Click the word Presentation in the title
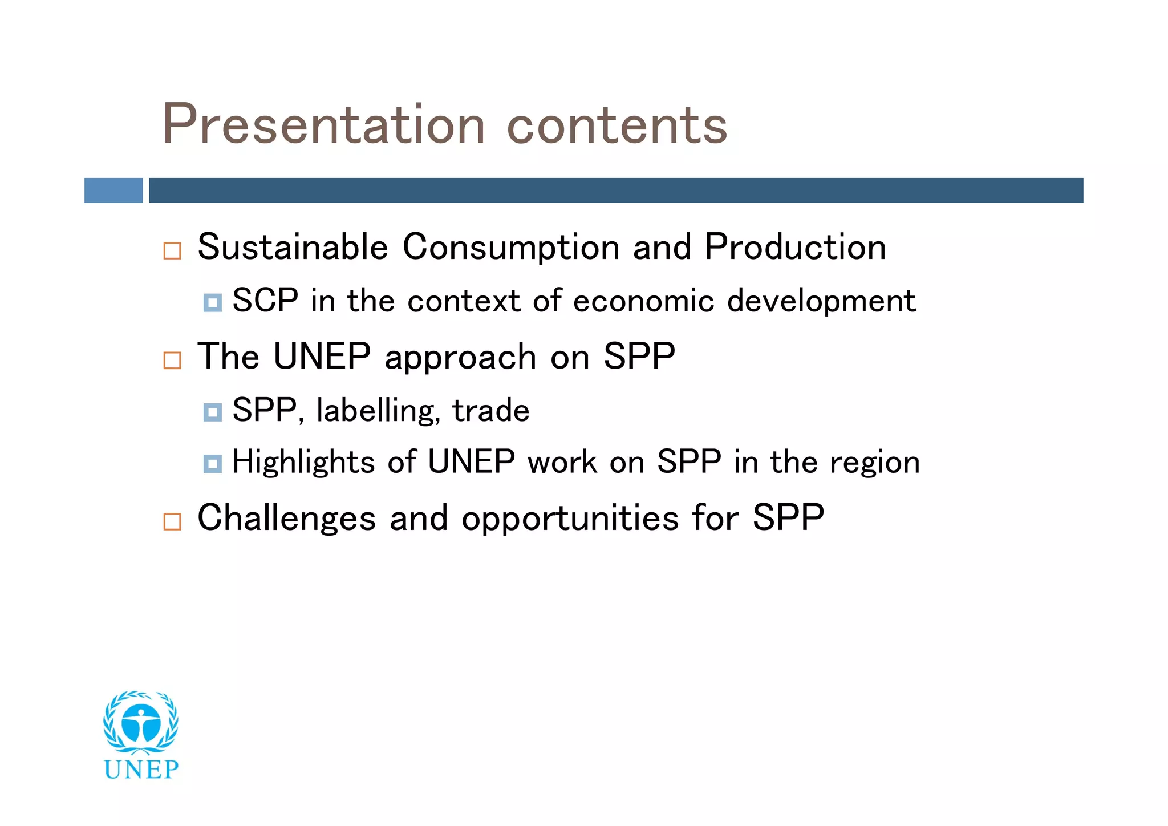323,124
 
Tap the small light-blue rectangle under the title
113,191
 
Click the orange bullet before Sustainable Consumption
172,251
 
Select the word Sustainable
293,247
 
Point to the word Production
795,247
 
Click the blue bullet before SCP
212,302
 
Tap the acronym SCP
265,301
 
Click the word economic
643,301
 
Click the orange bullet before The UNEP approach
172,361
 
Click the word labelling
378,411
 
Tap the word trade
490,411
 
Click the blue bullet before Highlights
212,464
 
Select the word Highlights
303,462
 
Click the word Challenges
286,519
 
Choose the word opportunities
570,519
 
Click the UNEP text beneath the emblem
141,770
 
